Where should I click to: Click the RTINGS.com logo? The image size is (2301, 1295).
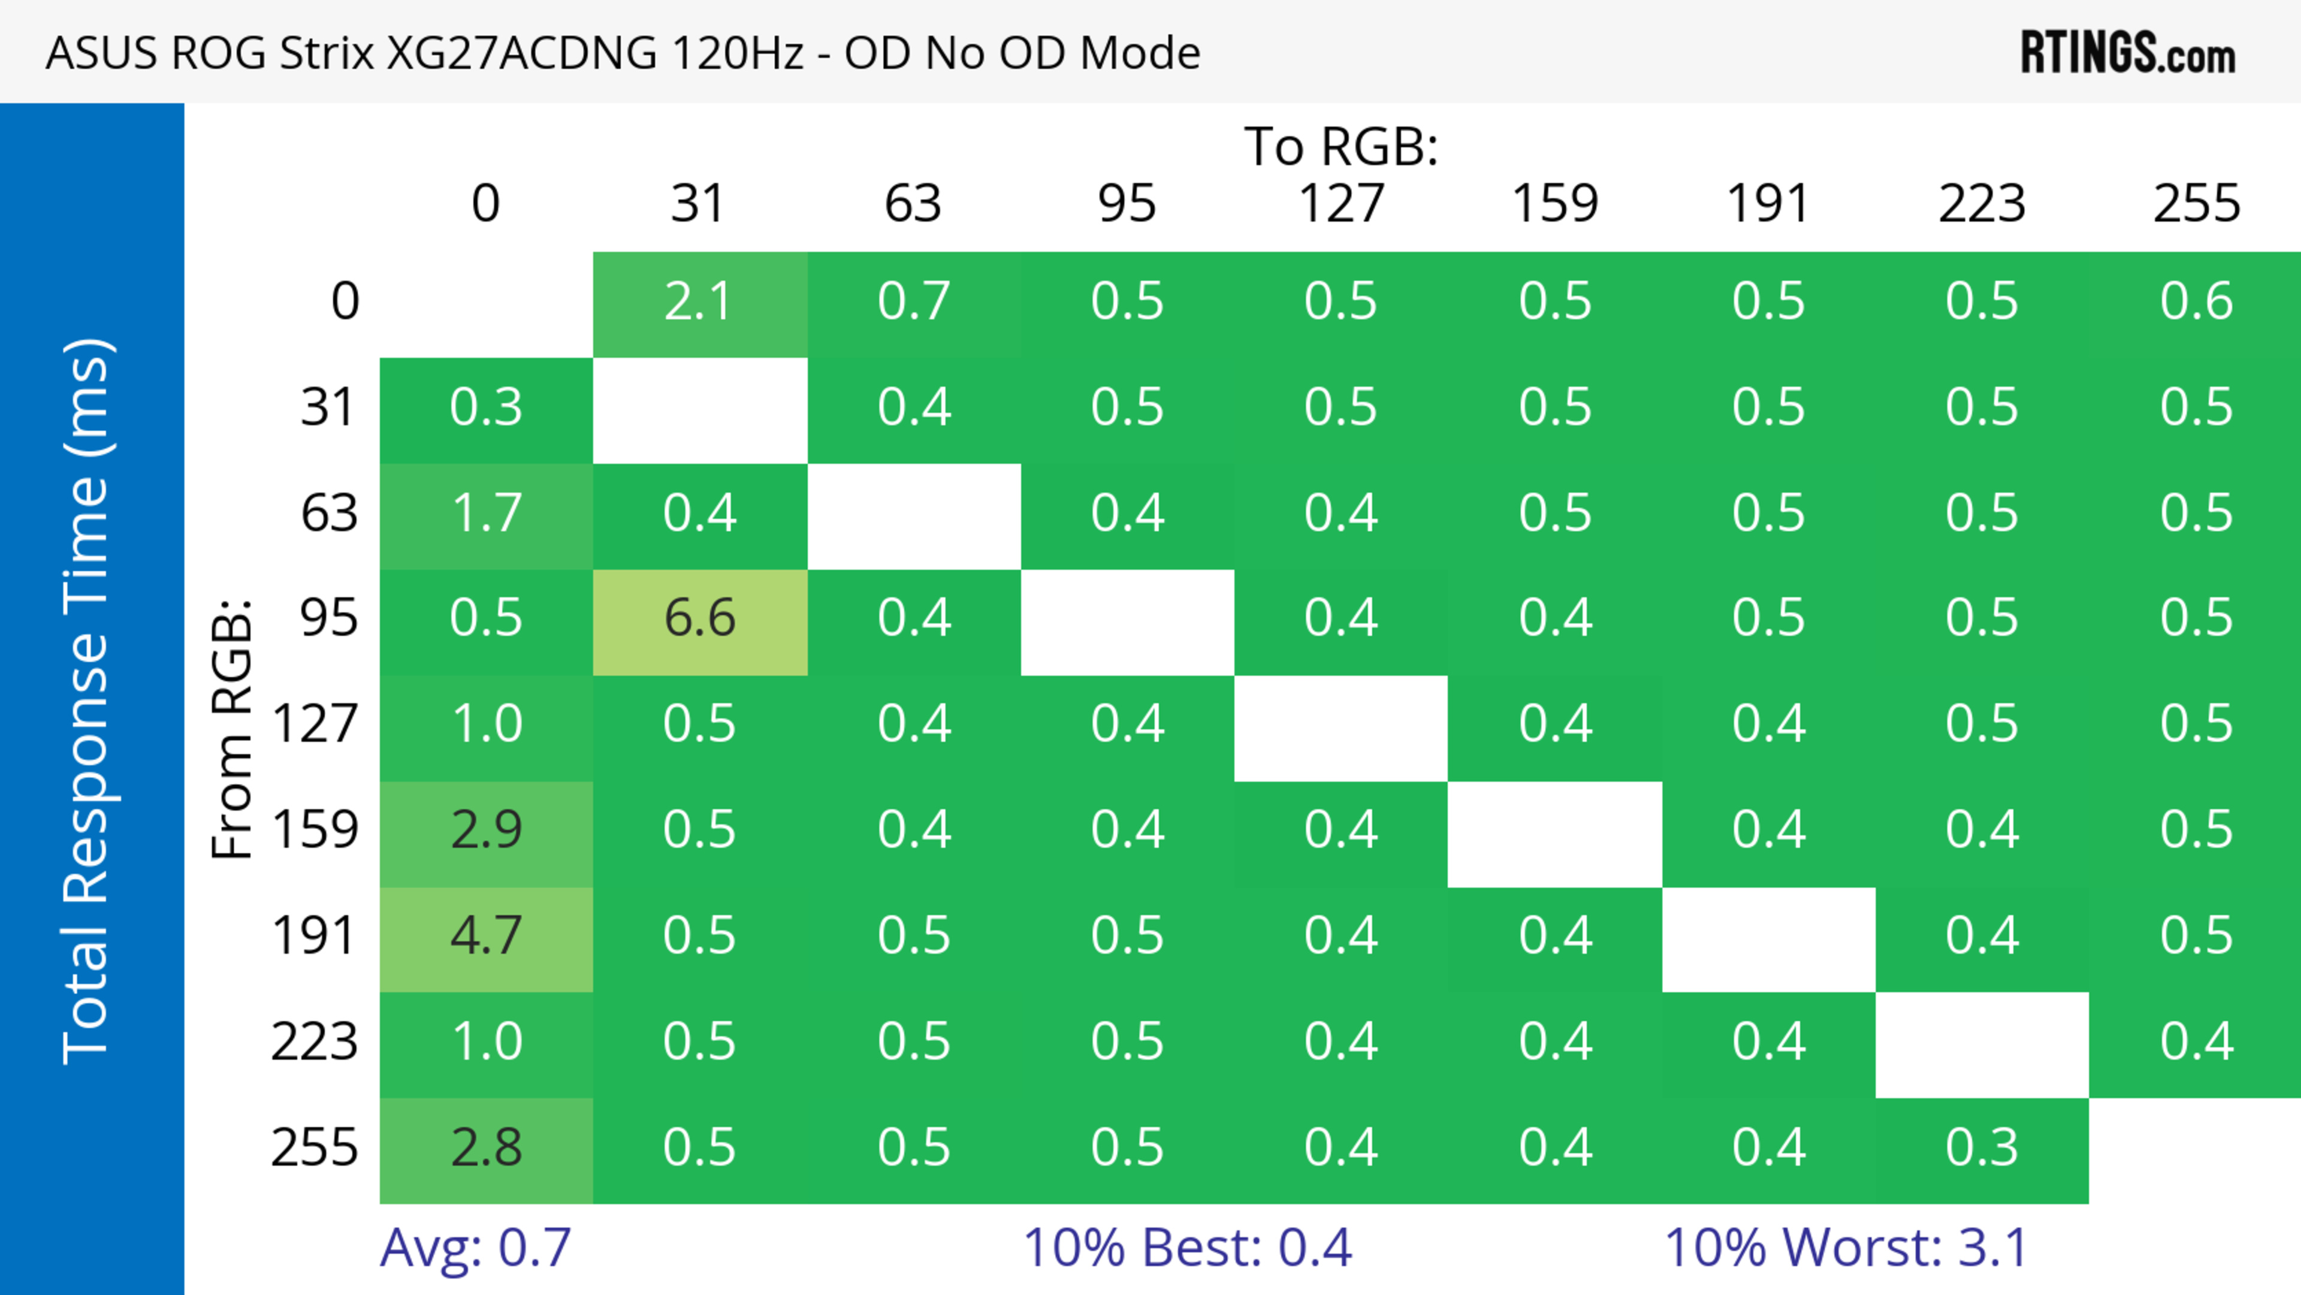coord(2128,53)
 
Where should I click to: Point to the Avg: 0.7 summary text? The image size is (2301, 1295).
coord(475,1248)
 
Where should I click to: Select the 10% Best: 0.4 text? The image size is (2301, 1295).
coord(1187,1248)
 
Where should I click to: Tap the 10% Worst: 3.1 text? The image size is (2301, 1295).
coord(1846,1248)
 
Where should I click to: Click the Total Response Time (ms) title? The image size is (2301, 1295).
coord(87,701)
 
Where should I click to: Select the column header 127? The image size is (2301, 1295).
coord(1341,204)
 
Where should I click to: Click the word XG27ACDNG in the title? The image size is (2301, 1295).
coord(521,53)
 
